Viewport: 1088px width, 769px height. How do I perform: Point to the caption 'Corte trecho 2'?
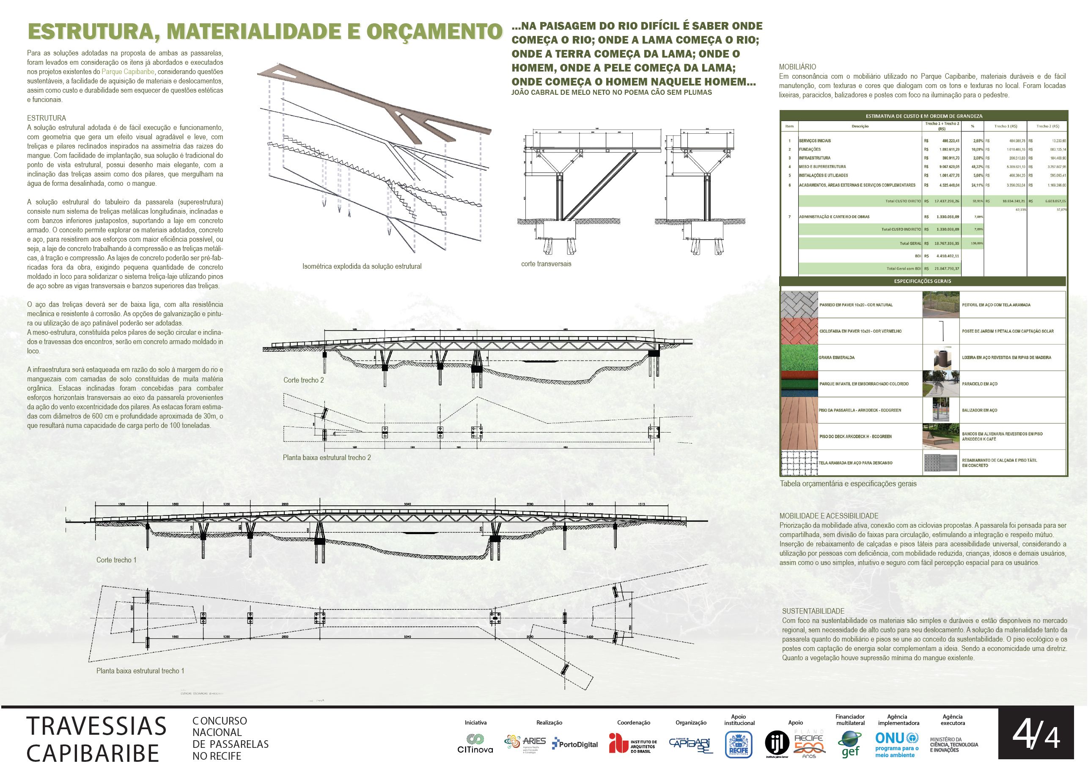pos(304,380)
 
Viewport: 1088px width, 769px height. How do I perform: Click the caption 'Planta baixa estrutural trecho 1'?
pos(140,671)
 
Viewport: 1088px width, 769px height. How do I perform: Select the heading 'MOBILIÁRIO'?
pos(797,67)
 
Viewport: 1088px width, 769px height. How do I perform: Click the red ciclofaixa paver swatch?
pos(799,331)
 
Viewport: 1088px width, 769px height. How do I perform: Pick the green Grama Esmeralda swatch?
pos(799,358)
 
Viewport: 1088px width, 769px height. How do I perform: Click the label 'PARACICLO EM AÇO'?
pos(979,383)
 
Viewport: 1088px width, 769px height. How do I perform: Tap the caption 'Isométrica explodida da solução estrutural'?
pos(362,267)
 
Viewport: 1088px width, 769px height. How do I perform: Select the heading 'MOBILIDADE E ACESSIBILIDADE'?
pos(829,516)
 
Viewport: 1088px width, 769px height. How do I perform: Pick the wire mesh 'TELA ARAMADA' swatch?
pos(799,463)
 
